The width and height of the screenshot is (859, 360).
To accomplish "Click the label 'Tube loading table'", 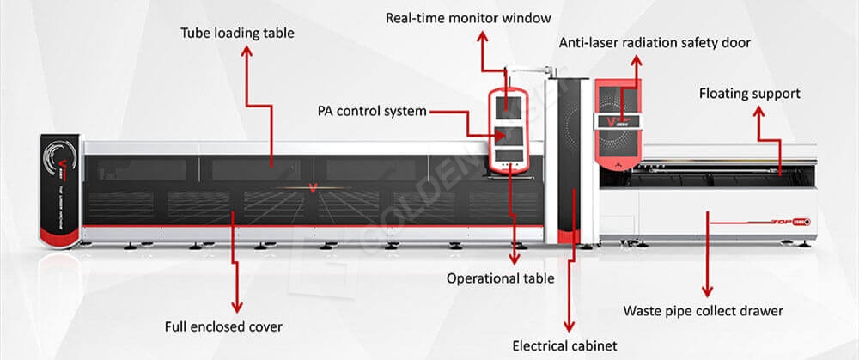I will point(236,34).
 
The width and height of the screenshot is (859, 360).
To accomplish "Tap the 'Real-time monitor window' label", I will point(468,17).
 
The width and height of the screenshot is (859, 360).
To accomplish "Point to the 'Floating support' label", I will point(749,93).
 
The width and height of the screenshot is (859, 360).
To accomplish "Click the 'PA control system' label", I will point(372,112).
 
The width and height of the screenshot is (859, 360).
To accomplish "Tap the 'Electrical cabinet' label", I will point(564,346).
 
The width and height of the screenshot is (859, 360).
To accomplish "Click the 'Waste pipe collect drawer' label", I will point(704,310).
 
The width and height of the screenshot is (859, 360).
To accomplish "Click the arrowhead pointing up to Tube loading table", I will point(247,51).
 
